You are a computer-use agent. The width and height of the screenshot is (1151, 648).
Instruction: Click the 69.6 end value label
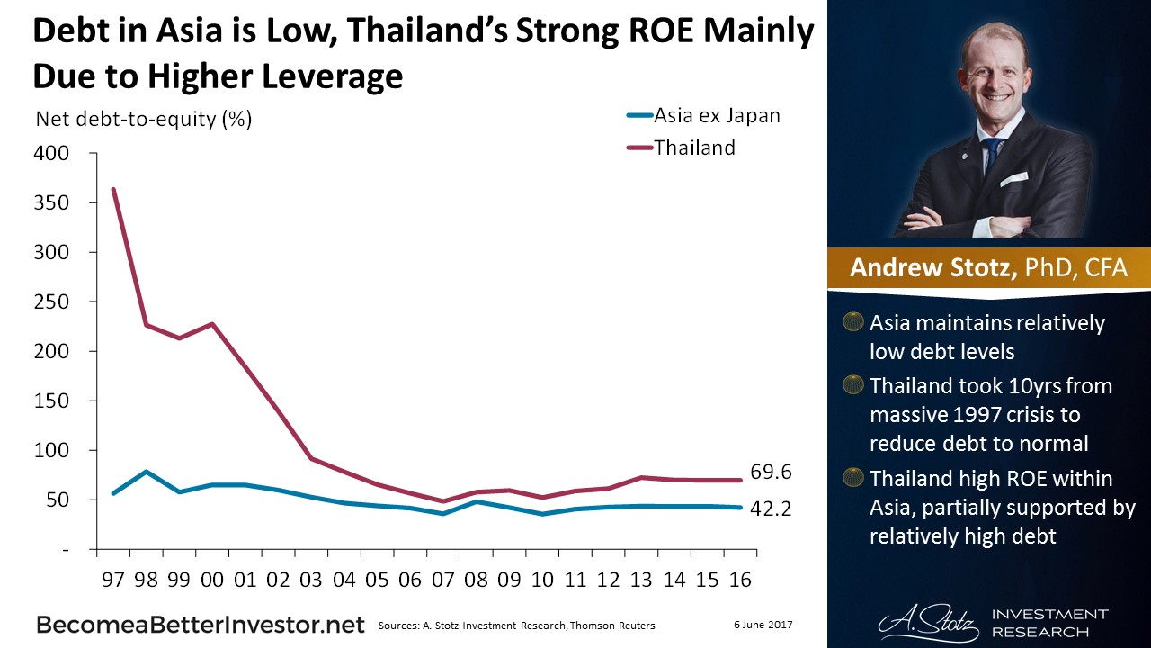tap(772, 472)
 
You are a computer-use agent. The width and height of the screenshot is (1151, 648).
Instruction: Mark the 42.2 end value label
tap(772, 508)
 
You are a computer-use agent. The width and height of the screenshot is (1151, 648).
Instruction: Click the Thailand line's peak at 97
tap(113, 189)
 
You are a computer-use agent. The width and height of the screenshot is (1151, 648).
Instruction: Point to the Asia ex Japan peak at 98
tap(146, 471)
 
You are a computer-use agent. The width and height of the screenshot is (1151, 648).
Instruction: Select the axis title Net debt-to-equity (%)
tap(143, 119)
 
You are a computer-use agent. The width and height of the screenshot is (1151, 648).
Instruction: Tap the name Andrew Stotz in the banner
tap(932, 268)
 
